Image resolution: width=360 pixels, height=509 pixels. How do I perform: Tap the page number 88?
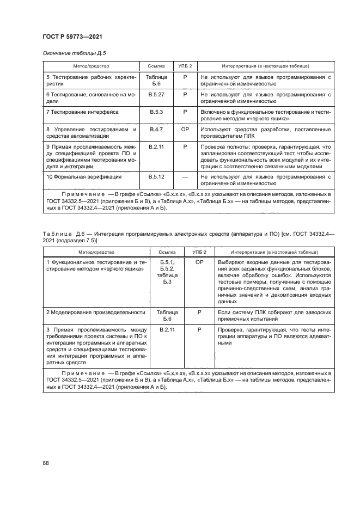click(46, 463)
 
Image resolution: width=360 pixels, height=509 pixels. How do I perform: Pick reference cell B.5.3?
click(156, 112)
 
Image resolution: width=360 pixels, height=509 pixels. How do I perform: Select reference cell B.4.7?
click(156, 129)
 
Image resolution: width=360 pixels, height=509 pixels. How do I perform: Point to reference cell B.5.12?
click(156, 177)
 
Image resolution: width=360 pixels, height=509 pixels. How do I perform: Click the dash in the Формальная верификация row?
click(185, 177)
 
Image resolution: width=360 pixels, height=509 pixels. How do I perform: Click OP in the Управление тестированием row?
click(185, 129)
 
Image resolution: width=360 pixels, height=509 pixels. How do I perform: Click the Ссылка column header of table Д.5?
click(156, 66)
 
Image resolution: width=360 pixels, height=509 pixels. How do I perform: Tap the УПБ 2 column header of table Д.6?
click(199, 252)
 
